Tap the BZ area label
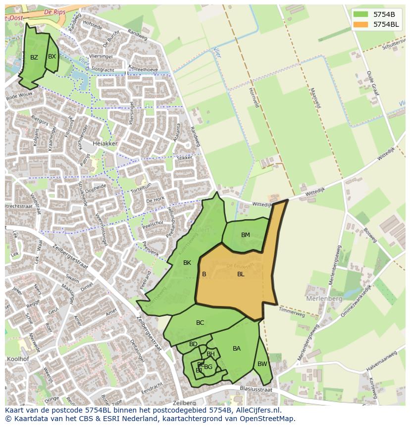[34, 58]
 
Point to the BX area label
[52, 57]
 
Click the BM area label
[246, 235]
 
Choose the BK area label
[187, 263]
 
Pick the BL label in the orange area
[241, 274]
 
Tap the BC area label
[200, 323]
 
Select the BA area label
[237, 349]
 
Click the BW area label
[262, 364]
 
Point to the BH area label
[210, 354]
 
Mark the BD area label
[193, 344]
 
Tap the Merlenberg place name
[324, 299]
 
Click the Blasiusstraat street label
[256, 390]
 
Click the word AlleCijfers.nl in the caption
[258, 410]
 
